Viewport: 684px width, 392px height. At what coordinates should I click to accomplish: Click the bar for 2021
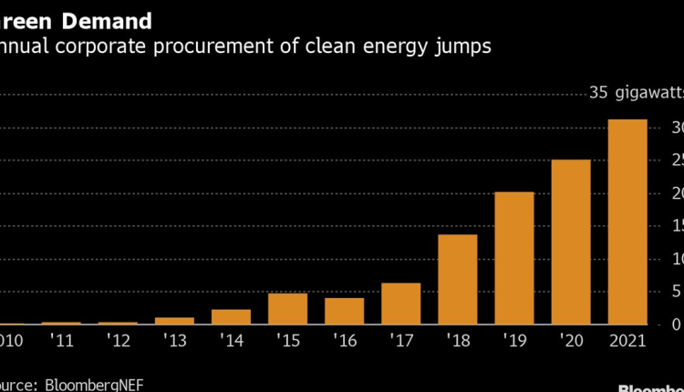point(627,222)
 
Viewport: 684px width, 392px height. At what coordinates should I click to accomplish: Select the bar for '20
point(571,242)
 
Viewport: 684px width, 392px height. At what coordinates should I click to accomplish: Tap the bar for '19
point(514,258)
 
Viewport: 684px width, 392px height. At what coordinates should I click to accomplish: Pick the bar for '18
point(458,279)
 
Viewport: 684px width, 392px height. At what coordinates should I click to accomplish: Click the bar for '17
point(401,304)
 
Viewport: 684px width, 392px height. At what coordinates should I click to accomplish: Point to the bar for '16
point(345,311)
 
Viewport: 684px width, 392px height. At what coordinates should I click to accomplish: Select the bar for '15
point(288,308)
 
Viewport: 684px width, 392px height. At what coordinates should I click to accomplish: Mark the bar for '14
point(232,316)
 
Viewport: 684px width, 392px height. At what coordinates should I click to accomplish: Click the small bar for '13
point(175,320)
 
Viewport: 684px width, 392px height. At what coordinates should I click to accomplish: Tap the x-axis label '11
point(61,341)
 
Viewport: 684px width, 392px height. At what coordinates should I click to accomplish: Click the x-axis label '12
point(118,341)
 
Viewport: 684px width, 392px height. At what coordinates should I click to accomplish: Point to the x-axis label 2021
point(627,341)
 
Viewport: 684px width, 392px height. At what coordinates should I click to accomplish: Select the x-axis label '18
point(458,341)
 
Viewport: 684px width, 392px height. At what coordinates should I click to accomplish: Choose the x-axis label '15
point(288,341)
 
